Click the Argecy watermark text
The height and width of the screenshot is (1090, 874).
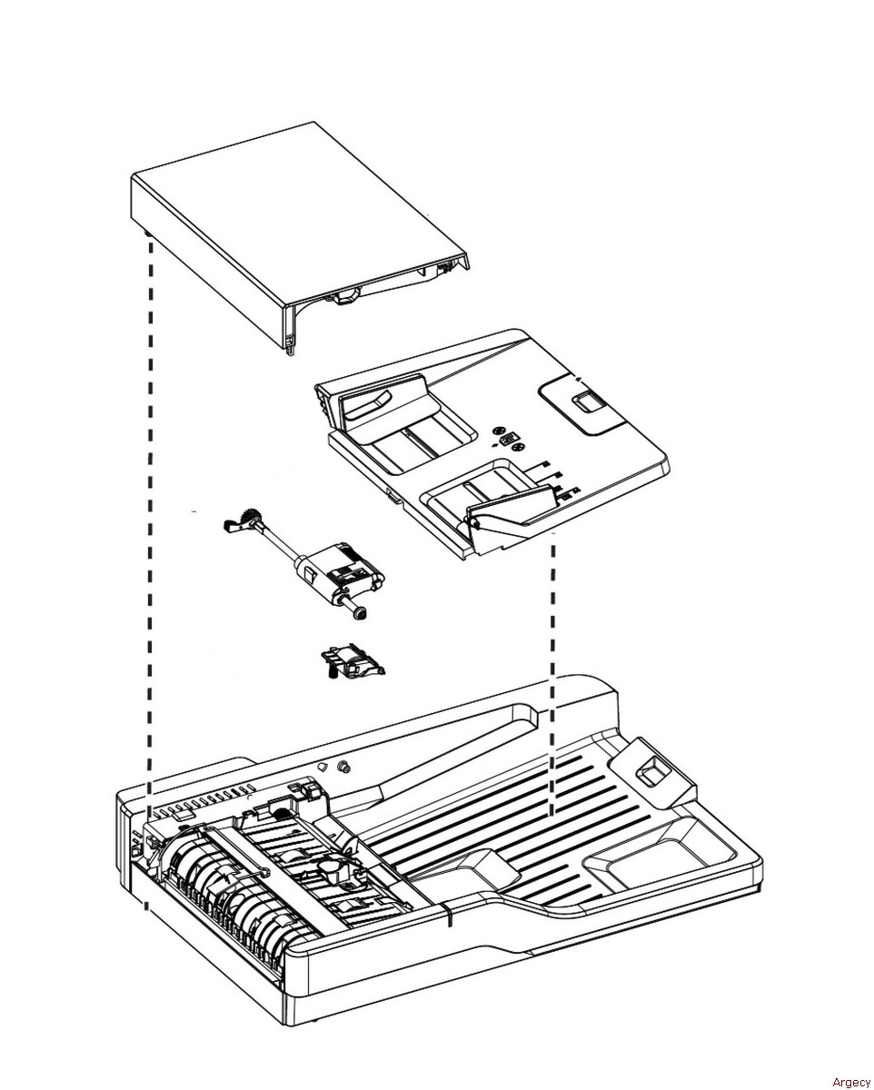(850, 1081)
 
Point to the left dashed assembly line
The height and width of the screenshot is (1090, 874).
(149, 500)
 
